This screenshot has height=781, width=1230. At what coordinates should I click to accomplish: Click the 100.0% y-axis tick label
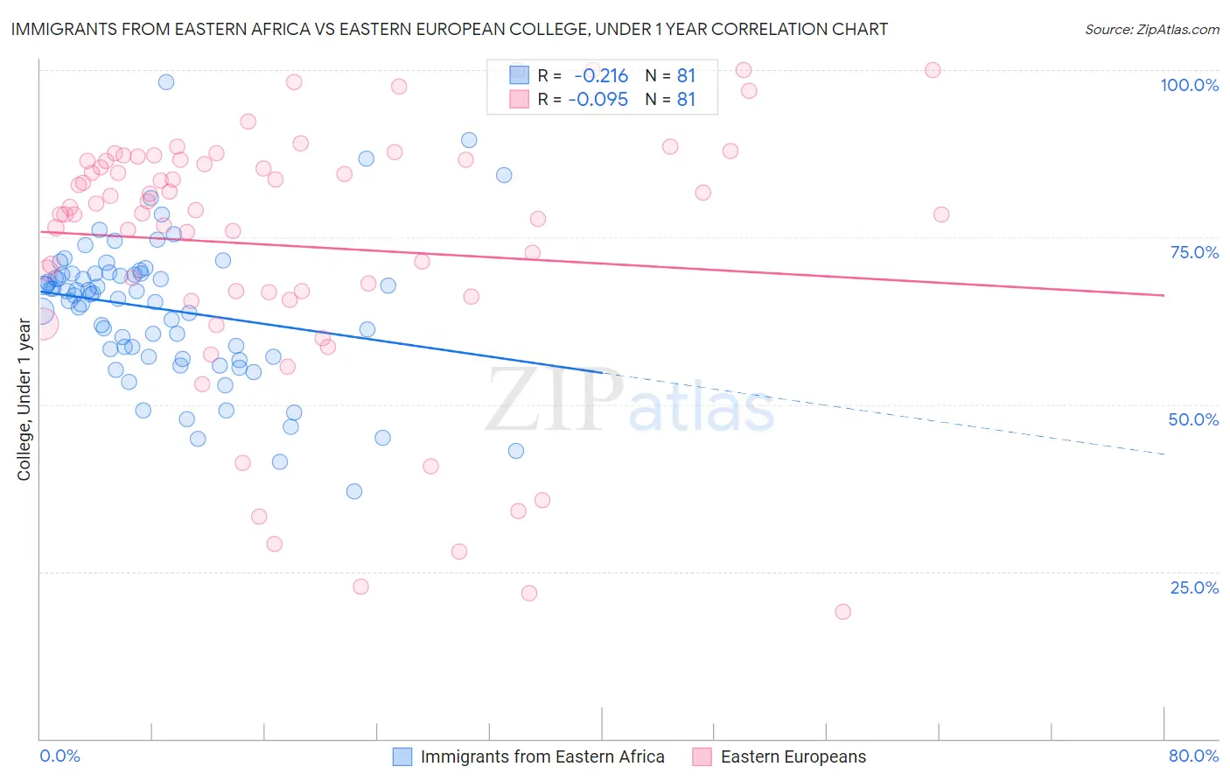1189,85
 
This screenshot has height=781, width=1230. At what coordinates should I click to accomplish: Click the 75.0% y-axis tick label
1194,252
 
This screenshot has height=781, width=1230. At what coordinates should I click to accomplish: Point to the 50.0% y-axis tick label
1193,419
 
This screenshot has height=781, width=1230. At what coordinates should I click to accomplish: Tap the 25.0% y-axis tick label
1194,588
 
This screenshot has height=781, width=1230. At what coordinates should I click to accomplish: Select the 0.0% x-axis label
59,756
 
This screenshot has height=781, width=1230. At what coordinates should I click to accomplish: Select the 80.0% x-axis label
1193,756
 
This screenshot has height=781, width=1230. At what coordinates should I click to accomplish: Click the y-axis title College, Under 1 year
24,400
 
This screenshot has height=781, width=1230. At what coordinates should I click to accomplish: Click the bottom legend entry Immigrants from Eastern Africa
542,756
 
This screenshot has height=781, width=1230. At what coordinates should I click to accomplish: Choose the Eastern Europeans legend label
793,756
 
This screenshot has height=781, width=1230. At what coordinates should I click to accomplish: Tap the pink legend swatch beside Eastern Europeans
702,756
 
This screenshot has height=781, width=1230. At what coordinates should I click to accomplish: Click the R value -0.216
601,76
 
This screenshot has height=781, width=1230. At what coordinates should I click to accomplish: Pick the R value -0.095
598,100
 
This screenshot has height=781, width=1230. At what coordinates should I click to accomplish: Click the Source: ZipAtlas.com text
1151,30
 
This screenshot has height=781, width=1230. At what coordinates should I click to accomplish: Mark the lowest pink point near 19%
843,612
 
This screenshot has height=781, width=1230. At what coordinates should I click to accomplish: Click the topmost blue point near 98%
166,82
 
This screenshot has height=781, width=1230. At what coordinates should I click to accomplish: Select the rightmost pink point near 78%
941,215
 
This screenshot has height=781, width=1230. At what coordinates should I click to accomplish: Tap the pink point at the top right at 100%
933,70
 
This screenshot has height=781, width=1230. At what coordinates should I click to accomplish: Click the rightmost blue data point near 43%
516,451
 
